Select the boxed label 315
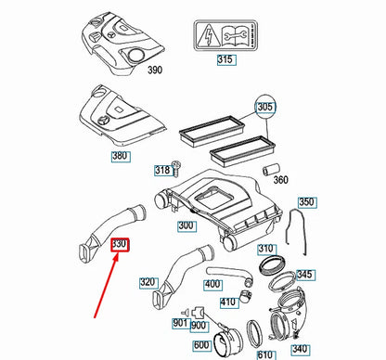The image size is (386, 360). tap(224, 61)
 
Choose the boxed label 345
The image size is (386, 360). tap(305, 276)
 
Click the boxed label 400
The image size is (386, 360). tap(213, 284)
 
